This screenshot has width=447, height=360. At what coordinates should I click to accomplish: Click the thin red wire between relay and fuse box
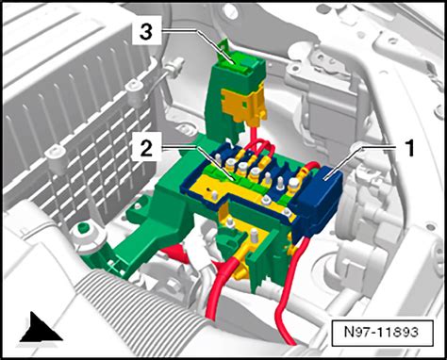coord(259,138)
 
